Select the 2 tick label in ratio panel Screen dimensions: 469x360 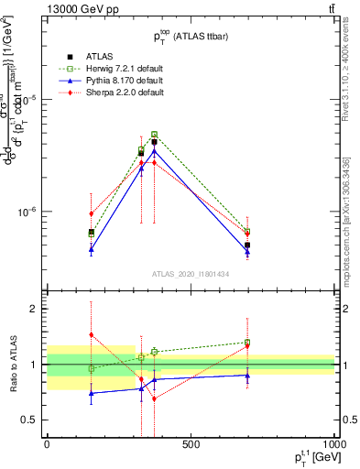(x=32, y=310)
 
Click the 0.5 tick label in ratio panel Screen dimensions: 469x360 (x=28, y=420)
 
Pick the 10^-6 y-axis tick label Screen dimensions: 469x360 (x=25, y=212)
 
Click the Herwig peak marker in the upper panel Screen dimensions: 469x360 (x=154, y=134)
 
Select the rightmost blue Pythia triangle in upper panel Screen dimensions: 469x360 (x=247, y=252)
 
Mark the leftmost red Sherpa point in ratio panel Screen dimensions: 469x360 (x=91, y=335)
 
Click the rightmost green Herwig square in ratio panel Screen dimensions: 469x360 (x=247, y=343)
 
